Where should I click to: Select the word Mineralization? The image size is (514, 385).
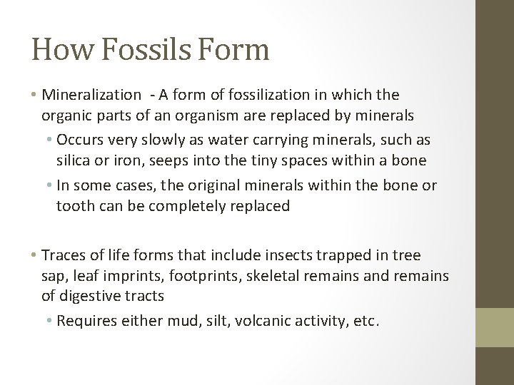pos(92,94)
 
